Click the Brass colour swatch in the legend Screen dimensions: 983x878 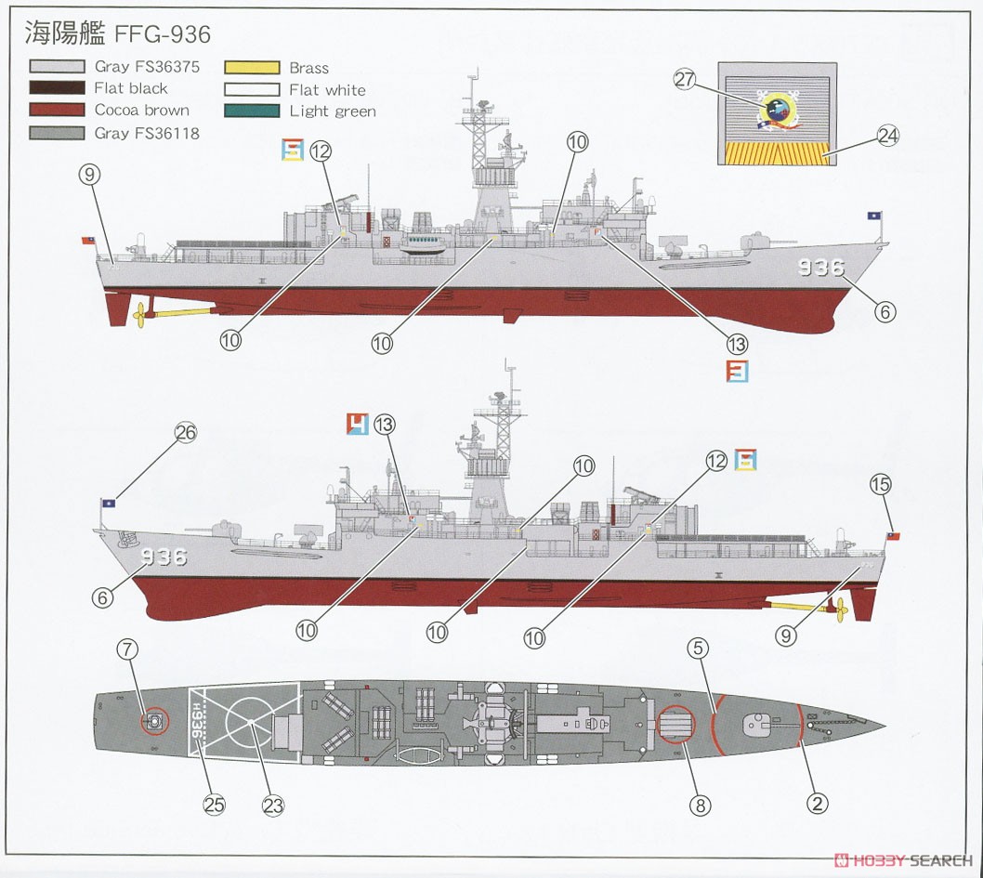click(252, 68)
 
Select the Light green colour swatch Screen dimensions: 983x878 click(252, 111)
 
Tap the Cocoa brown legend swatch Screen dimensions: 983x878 click(57, 110)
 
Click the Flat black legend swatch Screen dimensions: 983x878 click(57, 87)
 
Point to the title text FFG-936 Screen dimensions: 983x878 click(163, 33)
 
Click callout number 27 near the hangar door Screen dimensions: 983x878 click(685, 79)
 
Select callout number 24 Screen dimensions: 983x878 click(887, 136)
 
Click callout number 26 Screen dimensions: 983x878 click(186, 432)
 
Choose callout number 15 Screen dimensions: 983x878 click(881, 484)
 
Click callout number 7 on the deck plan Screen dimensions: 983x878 click(127, 649)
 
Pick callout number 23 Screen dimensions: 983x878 click(273, 806)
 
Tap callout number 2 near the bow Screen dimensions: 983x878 click(817, 803)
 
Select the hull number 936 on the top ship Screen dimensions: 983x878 click(821, 268)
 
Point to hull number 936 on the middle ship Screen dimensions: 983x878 click(164, 557)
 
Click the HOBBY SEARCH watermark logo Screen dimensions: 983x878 click(903, 859)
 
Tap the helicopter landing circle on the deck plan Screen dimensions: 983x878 click(252, 723)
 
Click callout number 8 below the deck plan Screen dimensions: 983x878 click(701, 805)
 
